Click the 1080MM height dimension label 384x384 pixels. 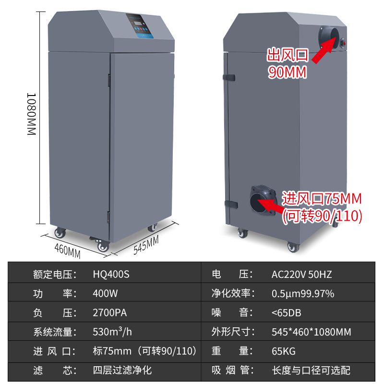pos(31,114)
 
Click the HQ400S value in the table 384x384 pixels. pos(111,275)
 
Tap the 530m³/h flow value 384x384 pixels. pos(112,332)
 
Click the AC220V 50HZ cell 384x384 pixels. pos(301,275)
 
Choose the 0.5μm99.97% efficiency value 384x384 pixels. pos(302,293)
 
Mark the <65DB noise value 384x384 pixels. pos(286,313)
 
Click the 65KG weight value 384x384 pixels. pos(283,351)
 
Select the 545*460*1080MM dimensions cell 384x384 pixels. pos(311,332)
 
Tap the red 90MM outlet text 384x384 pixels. pos(287,72)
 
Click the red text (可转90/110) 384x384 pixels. pos(322,216)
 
